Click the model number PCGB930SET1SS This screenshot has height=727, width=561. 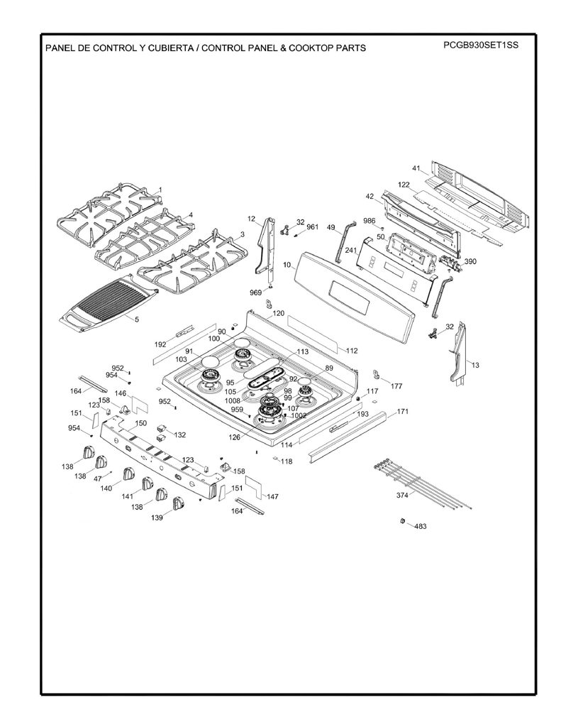[x=480, y=45]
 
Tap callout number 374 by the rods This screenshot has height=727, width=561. [x=402, y=495]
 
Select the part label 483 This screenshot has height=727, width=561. [x=420, y=526]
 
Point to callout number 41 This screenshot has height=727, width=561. [x=416, y=168]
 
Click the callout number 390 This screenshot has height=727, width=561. [x=470, y=261]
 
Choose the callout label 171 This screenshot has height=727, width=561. [x=403, y=412]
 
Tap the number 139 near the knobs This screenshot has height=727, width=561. [x=157, y=518]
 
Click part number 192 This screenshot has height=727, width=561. [x=160, y=344]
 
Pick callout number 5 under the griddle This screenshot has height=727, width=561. [x=137, y=319]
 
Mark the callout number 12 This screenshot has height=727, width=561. [x=252, y=219]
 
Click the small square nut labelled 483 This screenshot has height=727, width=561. [x=402, y=521]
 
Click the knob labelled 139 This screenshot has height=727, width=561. [x=178, y=503]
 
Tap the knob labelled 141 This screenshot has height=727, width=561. [x=148, y=483]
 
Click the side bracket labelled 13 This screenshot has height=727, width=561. [x=458, y=353]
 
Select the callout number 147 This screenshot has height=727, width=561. [x=272, y=496]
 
